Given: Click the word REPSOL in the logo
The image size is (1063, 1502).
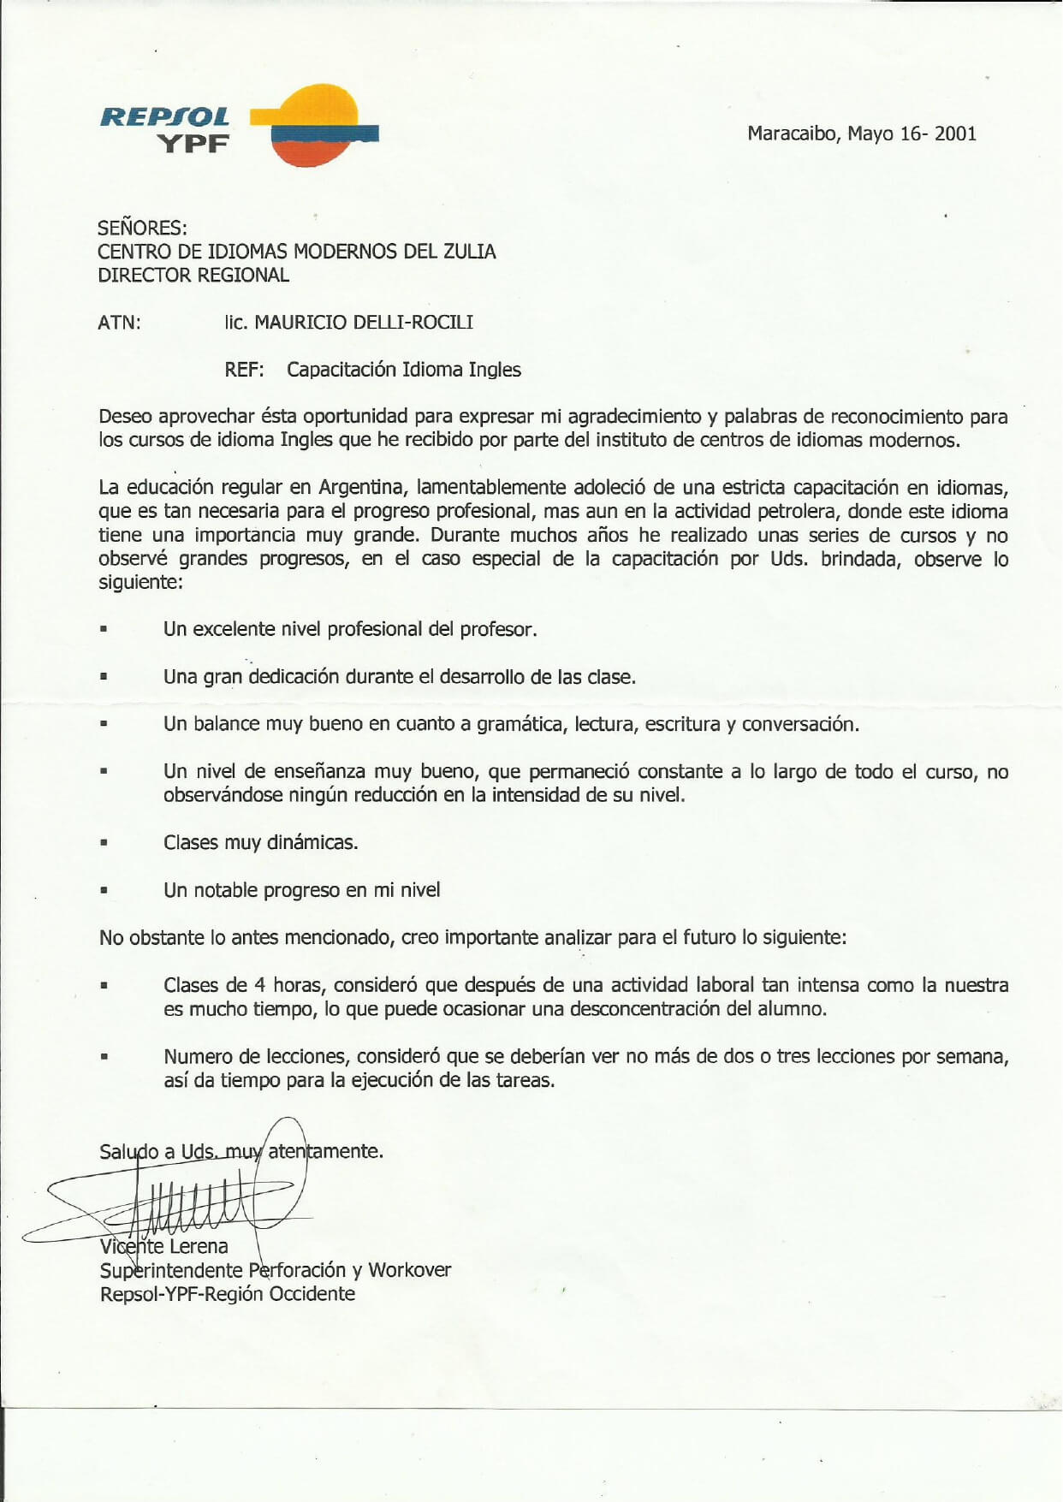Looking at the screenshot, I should tap(164, 116).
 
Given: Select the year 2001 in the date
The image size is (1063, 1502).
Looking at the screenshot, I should tap(955, 134).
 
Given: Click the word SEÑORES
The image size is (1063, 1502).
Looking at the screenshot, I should tap(142, 228).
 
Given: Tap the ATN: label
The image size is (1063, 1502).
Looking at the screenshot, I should tap(119, 323).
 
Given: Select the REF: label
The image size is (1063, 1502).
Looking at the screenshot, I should tap(244, 370).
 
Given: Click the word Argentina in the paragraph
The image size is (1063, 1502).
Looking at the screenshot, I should tap(360, 488).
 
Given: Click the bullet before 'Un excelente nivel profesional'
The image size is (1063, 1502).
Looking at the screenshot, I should tap(104, 629).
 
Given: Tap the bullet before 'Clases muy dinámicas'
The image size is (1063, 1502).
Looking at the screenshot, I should tap(104, 842).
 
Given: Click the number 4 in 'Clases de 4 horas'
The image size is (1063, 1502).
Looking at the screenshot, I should tap(259, 985).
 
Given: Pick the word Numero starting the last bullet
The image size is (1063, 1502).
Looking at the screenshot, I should tap(194, 1056).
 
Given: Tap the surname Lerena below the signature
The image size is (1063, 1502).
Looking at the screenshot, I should tap(199, 1246).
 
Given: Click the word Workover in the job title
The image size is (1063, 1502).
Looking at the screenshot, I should tap(409, 1270).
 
